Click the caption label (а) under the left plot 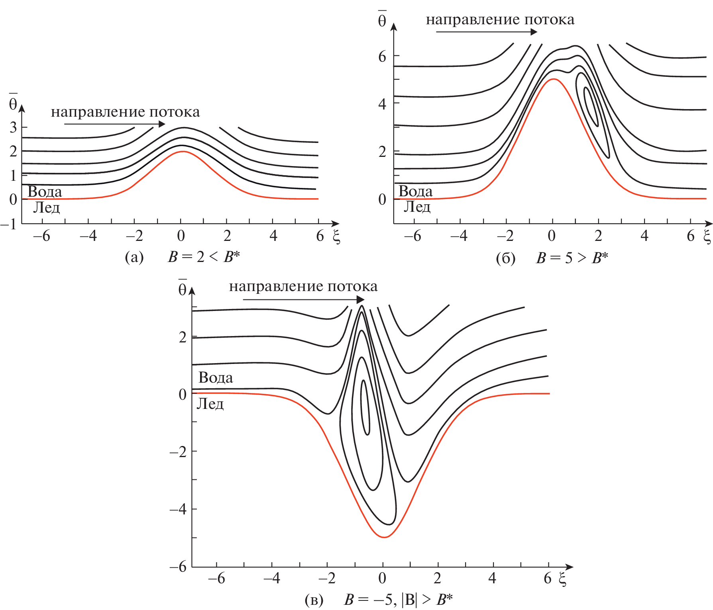pyautogui.click(x=134, y=258)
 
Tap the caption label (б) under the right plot pyautogui.click(x=505, y=258)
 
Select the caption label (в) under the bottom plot pyautogui.click(x=314, y=600)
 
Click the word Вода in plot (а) pyautogui.click(x=45, y=192)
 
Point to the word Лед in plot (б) pyautogui.click(x=417, y=207)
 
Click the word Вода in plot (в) pyautogui.click(x=216, y=377)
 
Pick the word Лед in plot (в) pyautogui.click(x=210, y=404)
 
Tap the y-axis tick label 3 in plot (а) pyautogui.click(x=14, y=127)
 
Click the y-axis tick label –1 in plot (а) pyautogui.click(x=9, y=225)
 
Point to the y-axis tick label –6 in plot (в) pyautogui.click(x=178, y=567)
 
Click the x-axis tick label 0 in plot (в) pyautogui.click(x=382, y=578)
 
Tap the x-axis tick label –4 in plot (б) pyautogui.click(x=459, y=236)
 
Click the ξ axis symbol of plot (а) pyautogui.click(x=336, y=237)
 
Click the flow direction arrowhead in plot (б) pyautogui.click(x=534, y=32)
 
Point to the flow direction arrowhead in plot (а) pyautogui.click(x=161, y=124)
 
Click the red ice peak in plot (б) pyautogui.click(x=554, y=79)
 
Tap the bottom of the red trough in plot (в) pyautogui.click(x=385, y=537)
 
